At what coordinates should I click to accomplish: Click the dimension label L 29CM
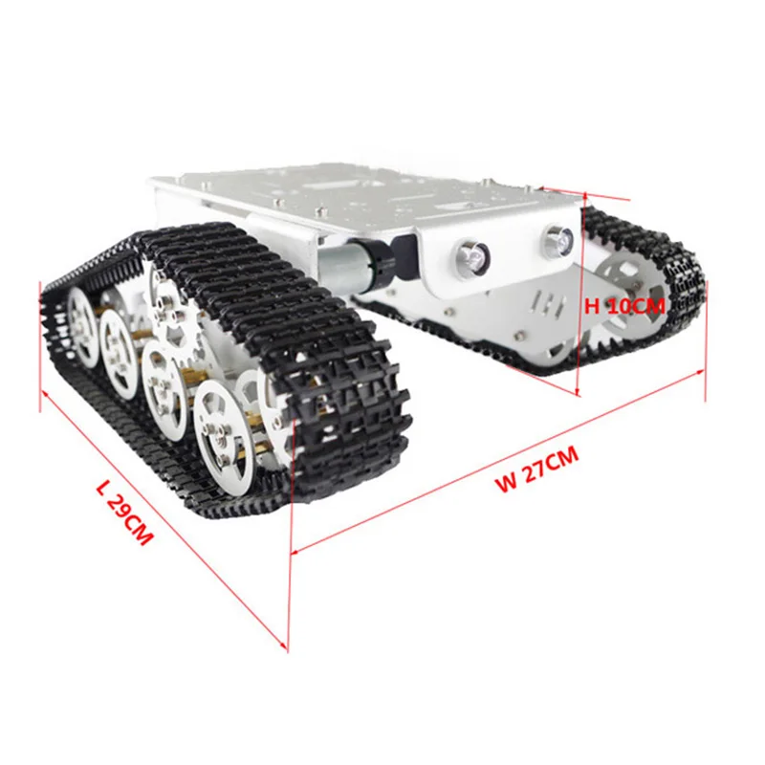click(x=125, y=514)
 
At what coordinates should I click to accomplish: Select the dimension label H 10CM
click(x=624, y=306)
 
